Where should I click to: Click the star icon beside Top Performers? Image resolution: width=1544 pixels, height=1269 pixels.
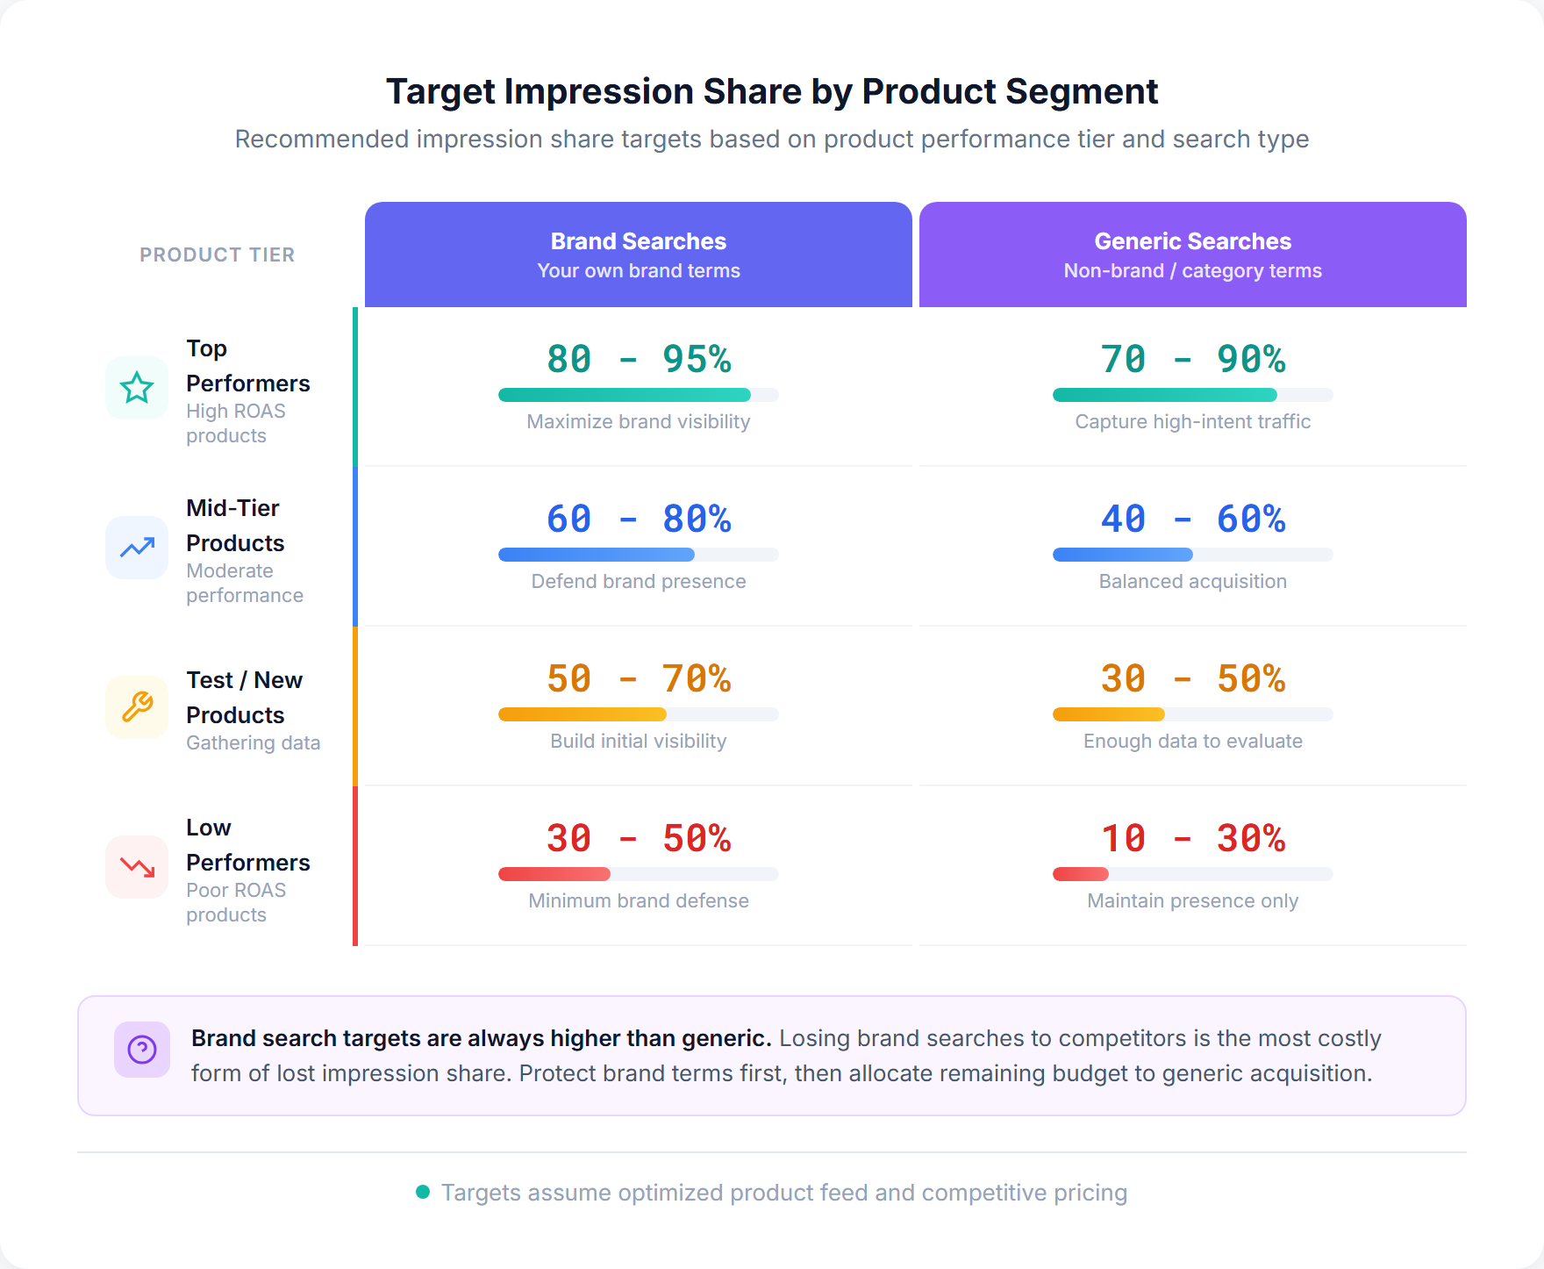pos(137,387)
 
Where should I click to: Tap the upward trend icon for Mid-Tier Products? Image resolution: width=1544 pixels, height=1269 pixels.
pos(137,548)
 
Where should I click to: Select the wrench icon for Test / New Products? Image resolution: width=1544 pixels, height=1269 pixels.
pos(137,706)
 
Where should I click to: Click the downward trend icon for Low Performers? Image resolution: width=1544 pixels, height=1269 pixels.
pos(137,867)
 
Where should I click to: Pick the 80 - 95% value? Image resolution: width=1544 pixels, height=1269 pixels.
pos(639,359)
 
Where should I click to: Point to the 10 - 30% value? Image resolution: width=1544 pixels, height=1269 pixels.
pos(1192,838)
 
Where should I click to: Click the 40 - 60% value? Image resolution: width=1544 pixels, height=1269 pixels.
pos(1192,519)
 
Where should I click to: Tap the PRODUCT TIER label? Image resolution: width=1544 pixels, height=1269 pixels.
pos(217,255)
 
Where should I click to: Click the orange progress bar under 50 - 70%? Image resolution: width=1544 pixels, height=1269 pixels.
pos(582,714)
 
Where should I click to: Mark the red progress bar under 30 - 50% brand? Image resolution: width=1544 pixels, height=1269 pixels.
pos(554,874)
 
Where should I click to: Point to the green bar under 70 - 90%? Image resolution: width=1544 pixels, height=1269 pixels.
pos(1164,395)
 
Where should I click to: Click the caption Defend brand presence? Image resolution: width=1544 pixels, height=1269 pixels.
pos(639,581)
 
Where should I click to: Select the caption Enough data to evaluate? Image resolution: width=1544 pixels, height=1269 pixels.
pos(1192,741)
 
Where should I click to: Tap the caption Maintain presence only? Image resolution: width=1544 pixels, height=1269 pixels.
pos(1192,900)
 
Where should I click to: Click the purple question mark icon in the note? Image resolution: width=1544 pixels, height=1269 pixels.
pos(142,1049)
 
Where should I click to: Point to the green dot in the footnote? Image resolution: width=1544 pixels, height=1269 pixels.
pos(423,1192)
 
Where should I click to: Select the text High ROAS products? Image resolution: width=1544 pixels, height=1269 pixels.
pos(235,423)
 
